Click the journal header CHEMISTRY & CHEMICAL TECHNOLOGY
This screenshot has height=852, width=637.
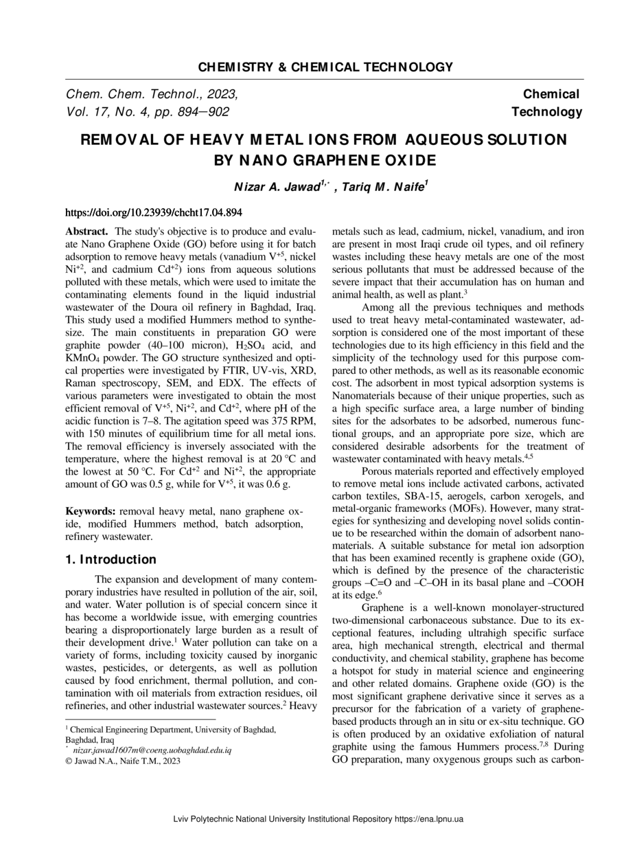click(325, 67)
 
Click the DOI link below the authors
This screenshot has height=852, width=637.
click(153, 212)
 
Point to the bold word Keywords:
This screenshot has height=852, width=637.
click(91, 511)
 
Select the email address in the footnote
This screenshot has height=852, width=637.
click(152, 750)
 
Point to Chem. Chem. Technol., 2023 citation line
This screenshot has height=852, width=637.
click(152, 94)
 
